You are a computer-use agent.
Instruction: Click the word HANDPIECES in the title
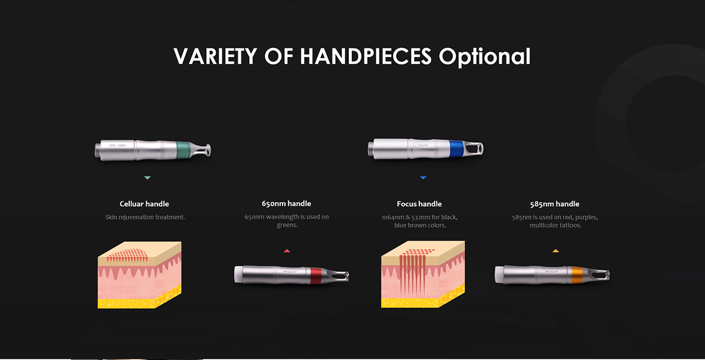tap(365, 56)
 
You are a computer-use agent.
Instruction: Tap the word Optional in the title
tap(485, 57)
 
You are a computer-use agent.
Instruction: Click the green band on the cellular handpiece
tap(183, 150)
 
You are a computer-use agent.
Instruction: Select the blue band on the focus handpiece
tap(456, 149)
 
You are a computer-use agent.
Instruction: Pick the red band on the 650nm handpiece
tap(316, 276)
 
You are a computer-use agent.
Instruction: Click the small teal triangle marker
tap(147, 178)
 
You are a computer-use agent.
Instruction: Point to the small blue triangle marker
tap(424, 178)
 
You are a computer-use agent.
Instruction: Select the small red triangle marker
tap(287, 251)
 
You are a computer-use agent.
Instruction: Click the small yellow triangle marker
tap(556, 251)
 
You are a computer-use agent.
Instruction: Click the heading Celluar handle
tap(144, 204)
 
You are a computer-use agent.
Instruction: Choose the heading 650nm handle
tap(287, 204)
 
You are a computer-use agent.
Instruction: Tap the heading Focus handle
tap(419, 204)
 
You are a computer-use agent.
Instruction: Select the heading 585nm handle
tap(555, 204)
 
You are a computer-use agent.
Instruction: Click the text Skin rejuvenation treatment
tap(145, 217)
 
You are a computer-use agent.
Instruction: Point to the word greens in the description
tap(287, 226)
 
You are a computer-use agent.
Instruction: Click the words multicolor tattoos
tap(556, 226)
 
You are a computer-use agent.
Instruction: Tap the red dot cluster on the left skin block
tap(127, 255)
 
